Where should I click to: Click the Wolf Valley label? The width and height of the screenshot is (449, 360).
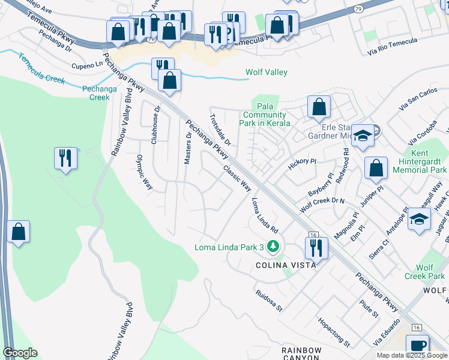(266, 73)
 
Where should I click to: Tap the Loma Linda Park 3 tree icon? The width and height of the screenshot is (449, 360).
(273, 246)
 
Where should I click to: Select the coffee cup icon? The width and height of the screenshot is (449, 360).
(417, 346)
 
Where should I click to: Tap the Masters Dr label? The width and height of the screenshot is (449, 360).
(188, 149)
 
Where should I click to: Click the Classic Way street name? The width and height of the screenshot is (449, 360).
(237, 178)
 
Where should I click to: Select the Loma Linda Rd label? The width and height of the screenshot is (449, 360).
(265, 215)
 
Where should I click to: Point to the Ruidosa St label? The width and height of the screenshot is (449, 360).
(268, 301)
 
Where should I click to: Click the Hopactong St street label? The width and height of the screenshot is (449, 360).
(334, 332)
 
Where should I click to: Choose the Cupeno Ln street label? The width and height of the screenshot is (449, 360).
(87, 65)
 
